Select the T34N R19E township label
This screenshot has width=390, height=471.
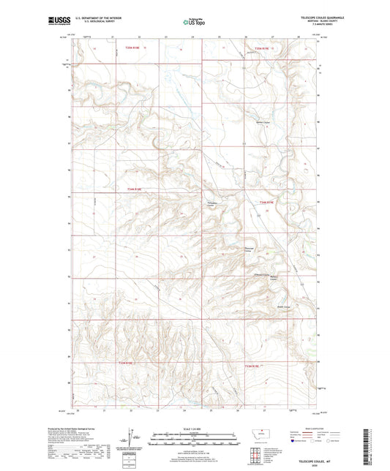click(266, 203)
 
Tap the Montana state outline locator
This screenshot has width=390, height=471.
click(262, 434)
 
